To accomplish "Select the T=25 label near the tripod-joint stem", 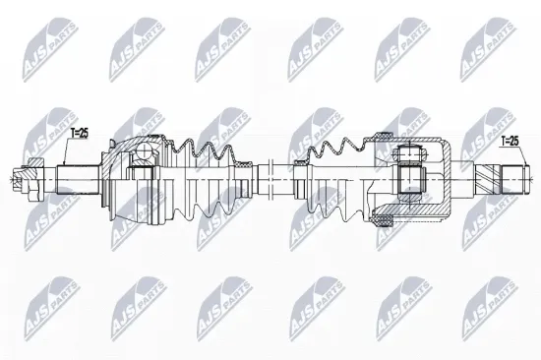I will point(511,142).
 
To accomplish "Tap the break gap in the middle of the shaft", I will point(263,181).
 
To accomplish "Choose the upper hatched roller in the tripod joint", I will point(406,152).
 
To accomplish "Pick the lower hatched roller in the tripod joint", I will point(406,208).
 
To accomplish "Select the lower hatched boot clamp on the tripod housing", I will point(382,222).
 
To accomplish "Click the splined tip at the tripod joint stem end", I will point(515,181).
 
